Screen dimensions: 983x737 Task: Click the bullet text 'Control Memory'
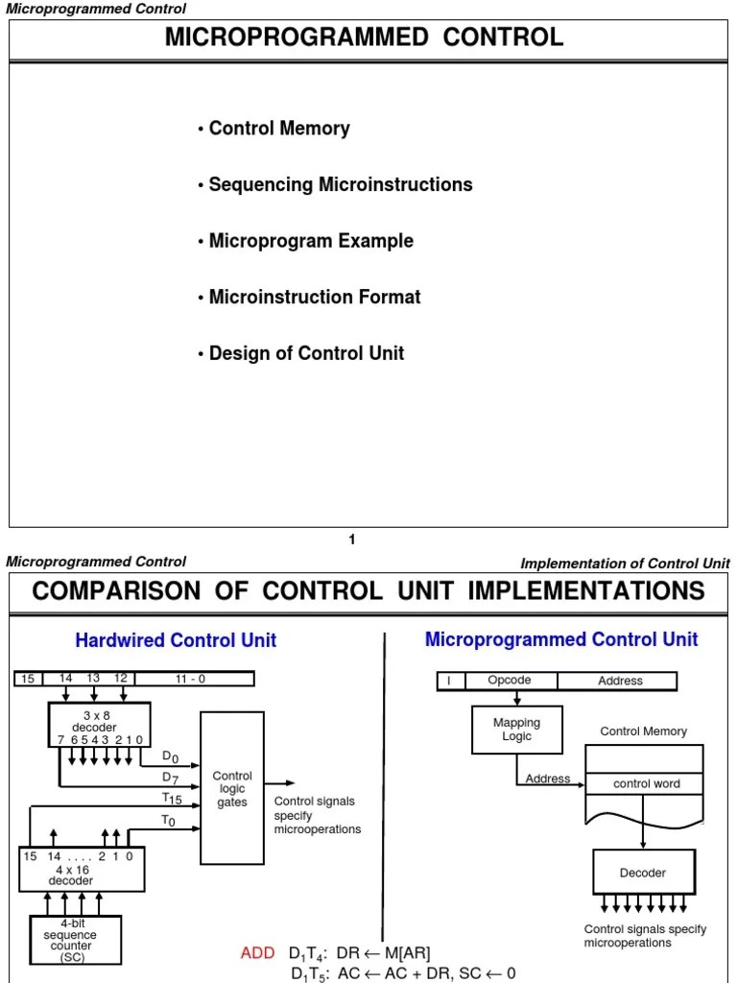click(278, 129)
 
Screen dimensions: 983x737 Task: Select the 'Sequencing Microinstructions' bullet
click(340, 184)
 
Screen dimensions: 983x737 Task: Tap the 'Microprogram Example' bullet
click(311, 241)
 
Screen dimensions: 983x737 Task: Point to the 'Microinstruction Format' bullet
click(315, 298)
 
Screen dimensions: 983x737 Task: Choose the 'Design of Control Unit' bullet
click(306, 353)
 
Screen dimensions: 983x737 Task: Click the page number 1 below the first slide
click(352, 540)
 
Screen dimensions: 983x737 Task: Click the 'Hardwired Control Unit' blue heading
click(176, 640)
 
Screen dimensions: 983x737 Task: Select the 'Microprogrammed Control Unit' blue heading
click(561, 639)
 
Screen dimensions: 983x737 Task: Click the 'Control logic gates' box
click(231, 788)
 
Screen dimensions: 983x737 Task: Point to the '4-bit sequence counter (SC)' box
click(70, 940)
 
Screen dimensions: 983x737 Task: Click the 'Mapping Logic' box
click(516, 730)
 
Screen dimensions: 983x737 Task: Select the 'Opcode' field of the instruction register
click(509, 681)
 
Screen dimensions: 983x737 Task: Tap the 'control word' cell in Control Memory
click(646, 784)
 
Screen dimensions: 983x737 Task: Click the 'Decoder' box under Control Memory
click(642, 873)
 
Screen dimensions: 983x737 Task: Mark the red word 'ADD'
click(257, 953)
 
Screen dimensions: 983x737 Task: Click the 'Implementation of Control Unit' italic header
click(625, 563)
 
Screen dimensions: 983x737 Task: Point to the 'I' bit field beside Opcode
click(448, 681)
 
